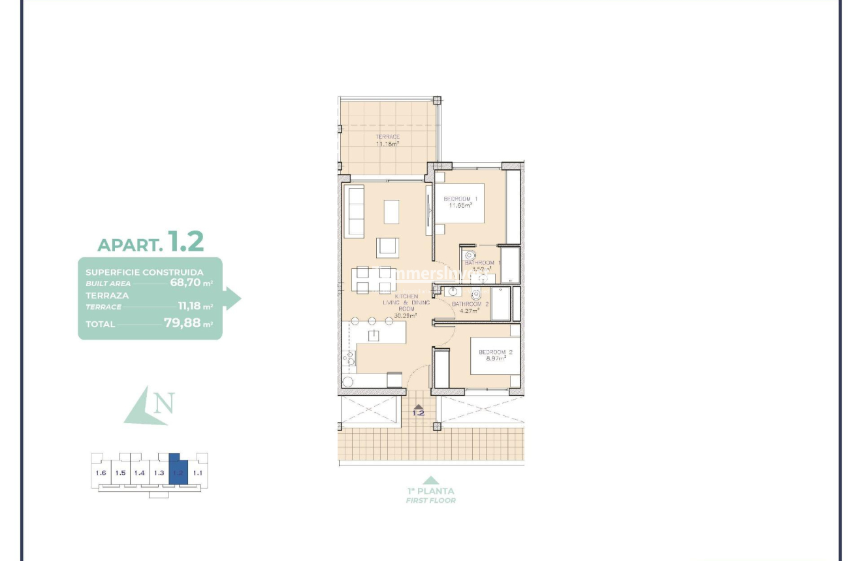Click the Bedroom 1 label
point(460,199)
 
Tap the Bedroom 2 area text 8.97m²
point(496,359)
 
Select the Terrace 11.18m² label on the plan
point(387,140)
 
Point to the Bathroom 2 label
point(470,304)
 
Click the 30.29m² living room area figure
point(405,315)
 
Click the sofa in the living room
point(355,211)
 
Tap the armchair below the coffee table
point(387,247)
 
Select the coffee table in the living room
point(391,212)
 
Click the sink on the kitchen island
point(374,336)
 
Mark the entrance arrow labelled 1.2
point(418,409)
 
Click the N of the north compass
point(164,403)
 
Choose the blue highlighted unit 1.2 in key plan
point(178,470)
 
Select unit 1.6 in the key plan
point(101,472)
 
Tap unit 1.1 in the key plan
point(198,472)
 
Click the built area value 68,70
point(185,283)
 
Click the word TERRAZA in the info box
point(107,295)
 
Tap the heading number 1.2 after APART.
point(185,241)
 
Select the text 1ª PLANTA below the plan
point(430,490)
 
